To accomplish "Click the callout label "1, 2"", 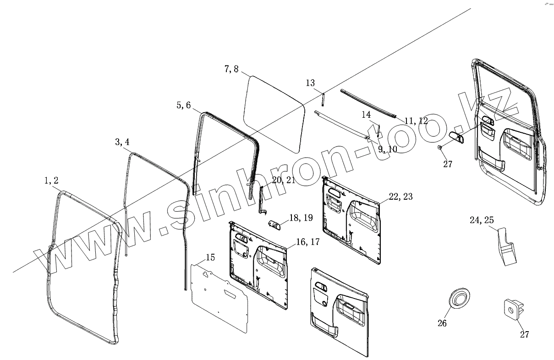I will point(51,181).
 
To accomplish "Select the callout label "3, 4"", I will point(122,142).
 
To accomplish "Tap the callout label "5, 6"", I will point(183,106).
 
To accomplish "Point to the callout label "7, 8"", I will point(231,69).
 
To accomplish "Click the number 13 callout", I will point(310,83).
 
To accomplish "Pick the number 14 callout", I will point(366,115).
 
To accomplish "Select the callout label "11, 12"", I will point(416,121).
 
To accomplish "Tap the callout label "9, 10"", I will point(388,149).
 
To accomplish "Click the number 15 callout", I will point(210,257).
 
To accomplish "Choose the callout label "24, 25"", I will point(482,220).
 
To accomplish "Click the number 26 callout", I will point(442,323).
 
